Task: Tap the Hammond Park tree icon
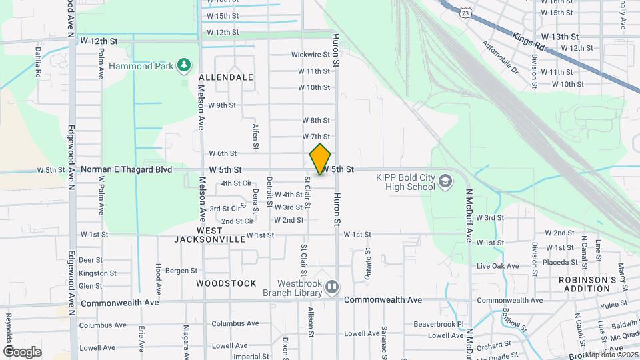[185, 65]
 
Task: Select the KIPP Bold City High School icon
[445, 181]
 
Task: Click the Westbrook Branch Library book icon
[332, 287]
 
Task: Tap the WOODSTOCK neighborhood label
[226, 283]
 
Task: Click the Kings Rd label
[530, 41]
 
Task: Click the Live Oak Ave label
[497, 265]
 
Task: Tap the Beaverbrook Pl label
[438, 324]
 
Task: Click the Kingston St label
[97, 273]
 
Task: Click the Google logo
[22, 352]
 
